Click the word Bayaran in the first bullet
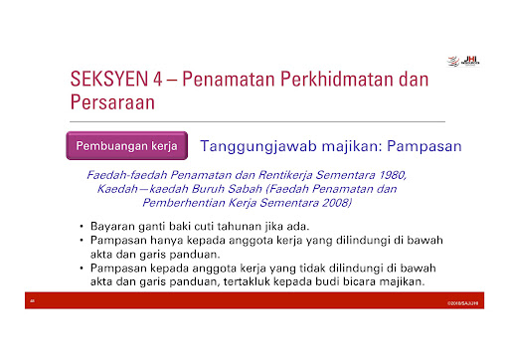(113, 227)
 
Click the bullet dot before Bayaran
(82, 228)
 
